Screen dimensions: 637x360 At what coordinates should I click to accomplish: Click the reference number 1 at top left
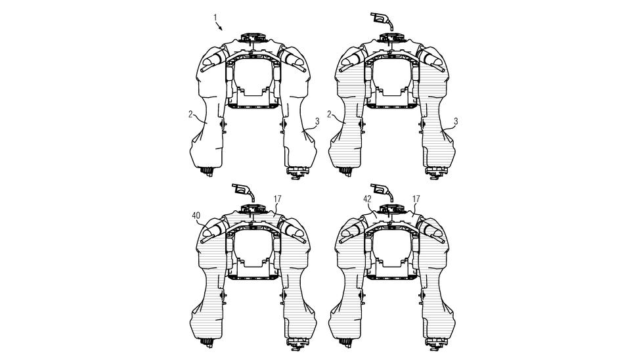click(x=215, y=18)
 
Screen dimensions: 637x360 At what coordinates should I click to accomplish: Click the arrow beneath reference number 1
click(x=219, y=26)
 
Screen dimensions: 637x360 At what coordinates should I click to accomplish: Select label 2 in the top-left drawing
click(x=191, y=114)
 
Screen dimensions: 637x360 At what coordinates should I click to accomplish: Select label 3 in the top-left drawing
click(x=317, y=121)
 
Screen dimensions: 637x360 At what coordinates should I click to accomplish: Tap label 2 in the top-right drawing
click(x=330, y=114)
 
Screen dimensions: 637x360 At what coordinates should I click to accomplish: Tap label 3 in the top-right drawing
click(x=456, y=121)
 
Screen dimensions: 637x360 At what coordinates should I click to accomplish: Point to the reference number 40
click(x=196, y=215)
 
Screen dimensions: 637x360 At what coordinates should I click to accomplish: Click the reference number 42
click(x=367, y=199)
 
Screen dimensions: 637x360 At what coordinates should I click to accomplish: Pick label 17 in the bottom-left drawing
click(x=278, y=199)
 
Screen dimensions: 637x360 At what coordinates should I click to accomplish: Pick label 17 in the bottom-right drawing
click(x=416, y=199)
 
